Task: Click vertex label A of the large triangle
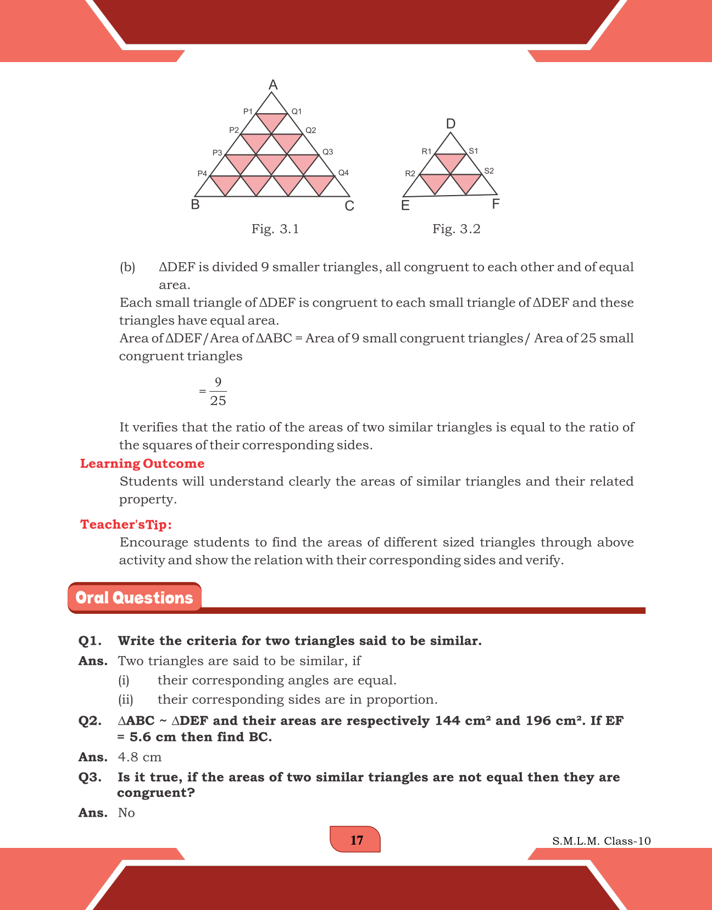(x=273, y=85)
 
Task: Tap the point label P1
(x=248, y=112)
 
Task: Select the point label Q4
(x=343, y=173)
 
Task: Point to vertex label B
(x=195, y=205)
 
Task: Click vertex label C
(x=349, y=206)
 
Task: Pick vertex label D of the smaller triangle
(x=450, y=124)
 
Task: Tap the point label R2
(x=410, y=174)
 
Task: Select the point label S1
(x=473, y=151)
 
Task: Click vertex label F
(x=496, y=204)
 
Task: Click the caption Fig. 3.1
(x=275, y=229)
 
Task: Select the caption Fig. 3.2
(x=456, y=229)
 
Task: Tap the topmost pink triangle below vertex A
(x=272, y=121)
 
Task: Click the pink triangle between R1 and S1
(x=450, y=162)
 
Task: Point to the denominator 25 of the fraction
(x=218, y=401)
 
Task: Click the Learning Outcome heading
(x=142, y=463)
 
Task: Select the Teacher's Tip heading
(x=126, y=524)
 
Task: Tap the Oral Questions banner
(x=135, y=598)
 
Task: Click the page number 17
(x=356, y=840)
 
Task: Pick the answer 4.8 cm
(x=140, y=757)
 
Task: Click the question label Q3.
(x=90, y=777)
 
